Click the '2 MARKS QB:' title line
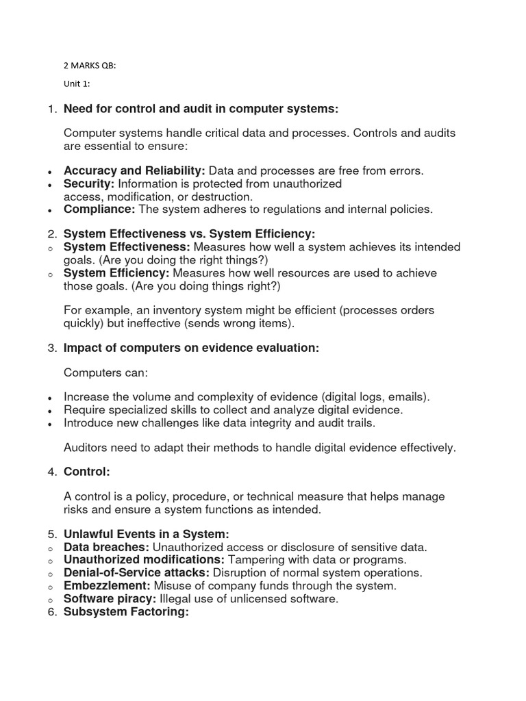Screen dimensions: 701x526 95,66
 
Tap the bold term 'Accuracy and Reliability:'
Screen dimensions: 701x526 134,170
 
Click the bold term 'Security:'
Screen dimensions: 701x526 90,183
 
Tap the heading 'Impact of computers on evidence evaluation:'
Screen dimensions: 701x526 191,348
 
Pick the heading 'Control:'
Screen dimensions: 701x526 86,472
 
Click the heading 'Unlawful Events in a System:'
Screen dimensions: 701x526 146,534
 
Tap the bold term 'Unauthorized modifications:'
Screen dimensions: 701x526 144,559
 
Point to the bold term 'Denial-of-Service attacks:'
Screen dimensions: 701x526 137,572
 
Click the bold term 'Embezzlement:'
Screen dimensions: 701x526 107,586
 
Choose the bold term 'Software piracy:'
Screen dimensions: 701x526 110,599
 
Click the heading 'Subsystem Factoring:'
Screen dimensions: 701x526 125,612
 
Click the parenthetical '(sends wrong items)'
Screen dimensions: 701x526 244,324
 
